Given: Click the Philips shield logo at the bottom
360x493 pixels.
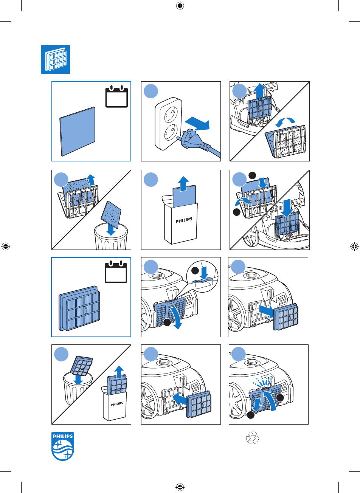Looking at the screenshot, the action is click(x=63, y=446).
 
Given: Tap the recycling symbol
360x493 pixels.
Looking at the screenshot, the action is click(x=252, y=438).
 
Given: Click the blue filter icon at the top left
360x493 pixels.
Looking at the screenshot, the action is click(x=55, y=59).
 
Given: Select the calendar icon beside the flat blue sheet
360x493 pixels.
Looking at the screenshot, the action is click(x=116, y=96).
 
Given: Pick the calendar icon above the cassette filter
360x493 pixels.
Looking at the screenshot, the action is click(x=116, y=271).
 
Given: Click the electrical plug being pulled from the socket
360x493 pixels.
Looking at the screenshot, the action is click(x=194, y=140).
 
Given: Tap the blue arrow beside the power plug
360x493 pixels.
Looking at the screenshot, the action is click(x=197, y=124).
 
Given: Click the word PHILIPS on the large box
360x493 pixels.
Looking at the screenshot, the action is click(x=184, y=220).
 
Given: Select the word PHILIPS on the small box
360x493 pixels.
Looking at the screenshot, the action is click(x=117, y=404).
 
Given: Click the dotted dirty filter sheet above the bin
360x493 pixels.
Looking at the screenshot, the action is click(x=111, y=214).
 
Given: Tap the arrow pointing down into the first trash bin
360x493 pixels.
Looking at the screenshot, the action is click(x=111, y=229).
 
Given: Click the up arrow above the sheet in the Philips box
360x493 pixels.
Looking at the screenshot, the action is click(x=183, y=184).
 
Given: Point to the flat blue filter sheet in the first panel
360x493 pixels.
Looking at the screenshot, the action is click(x=78, y=132).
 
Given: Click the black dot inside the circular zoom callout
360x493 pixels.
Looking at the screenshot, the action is click(x=195, y=271).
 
